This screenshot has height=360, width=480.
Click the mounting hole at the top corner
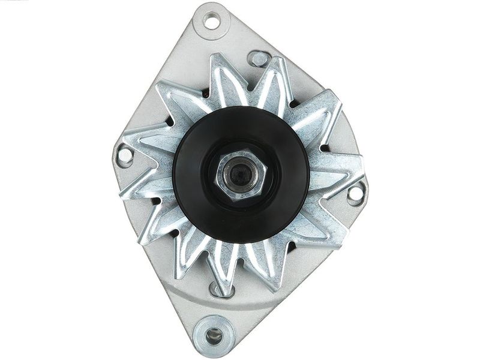(212, 22)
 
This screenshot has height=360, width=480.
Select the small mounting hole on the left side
(125, 155)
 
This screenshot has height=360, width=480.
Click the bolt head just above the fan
(259, 58)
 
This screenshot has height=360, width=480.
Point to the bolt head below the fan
(217, 290)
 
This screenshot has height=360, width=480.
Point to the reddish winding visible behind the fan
(206, 93)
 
